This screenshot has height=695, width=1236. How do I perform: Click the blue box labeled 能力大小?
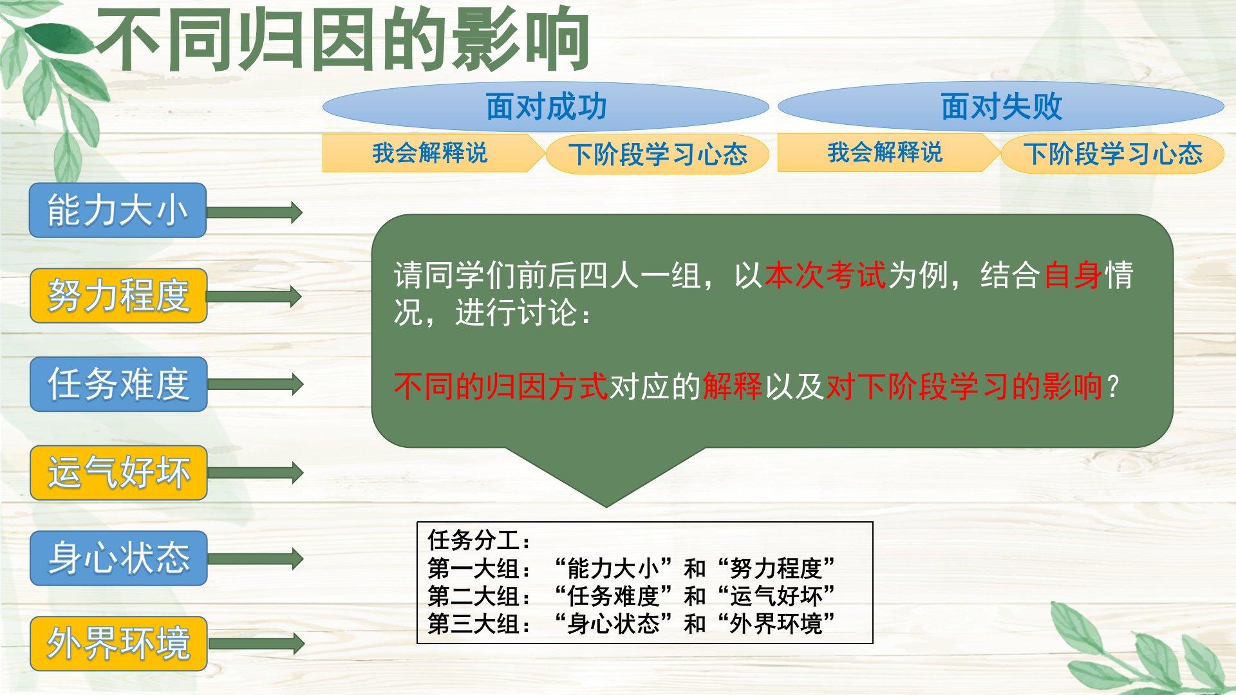pos(118,210)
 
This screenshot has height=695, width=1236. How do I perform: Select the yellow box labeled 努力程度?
pos(118,295)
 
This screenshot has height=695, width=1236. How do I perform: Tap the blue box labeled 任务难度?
pos(118,384)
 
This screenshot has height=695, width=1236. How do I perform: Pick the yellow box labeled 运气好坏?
pos(118,472)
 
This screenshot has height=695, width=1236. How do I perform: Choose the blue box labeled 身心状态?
pos(118,558)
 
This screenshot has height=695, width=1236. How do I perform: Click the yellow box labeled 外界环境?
pos(118,644)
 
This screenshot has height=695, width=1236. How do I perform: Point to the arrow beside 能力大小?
pos(254,212)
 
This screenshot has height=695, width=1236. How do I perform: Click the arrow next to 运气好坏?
pos(255,473)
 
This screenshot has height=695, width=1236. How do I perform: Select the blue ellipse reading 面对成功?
pos(546,106)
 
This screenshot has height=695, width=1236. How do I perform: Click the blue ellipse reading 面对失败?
pos(1001,106)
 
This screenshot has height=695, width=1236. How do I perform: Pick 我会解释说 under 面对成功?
pos(429,153)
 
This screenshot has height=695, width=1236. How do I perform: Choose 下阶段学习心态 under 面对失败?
pos(1113,154)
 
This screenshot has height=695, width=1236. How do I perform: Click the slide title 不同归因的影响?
pos(343,40)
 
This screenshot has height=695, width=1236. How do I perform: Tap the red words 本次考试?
pos(826,275)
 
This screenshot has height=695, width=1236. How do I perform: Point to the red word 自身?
pos(1073,275)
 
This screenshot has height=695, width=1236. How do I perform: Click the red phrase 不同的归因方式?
pos(501,387)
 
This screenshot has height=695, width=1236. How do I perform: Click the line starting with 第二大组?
pos(632,597)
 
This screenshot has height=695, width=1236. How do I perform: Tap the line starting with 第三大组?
pos(632,624)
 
